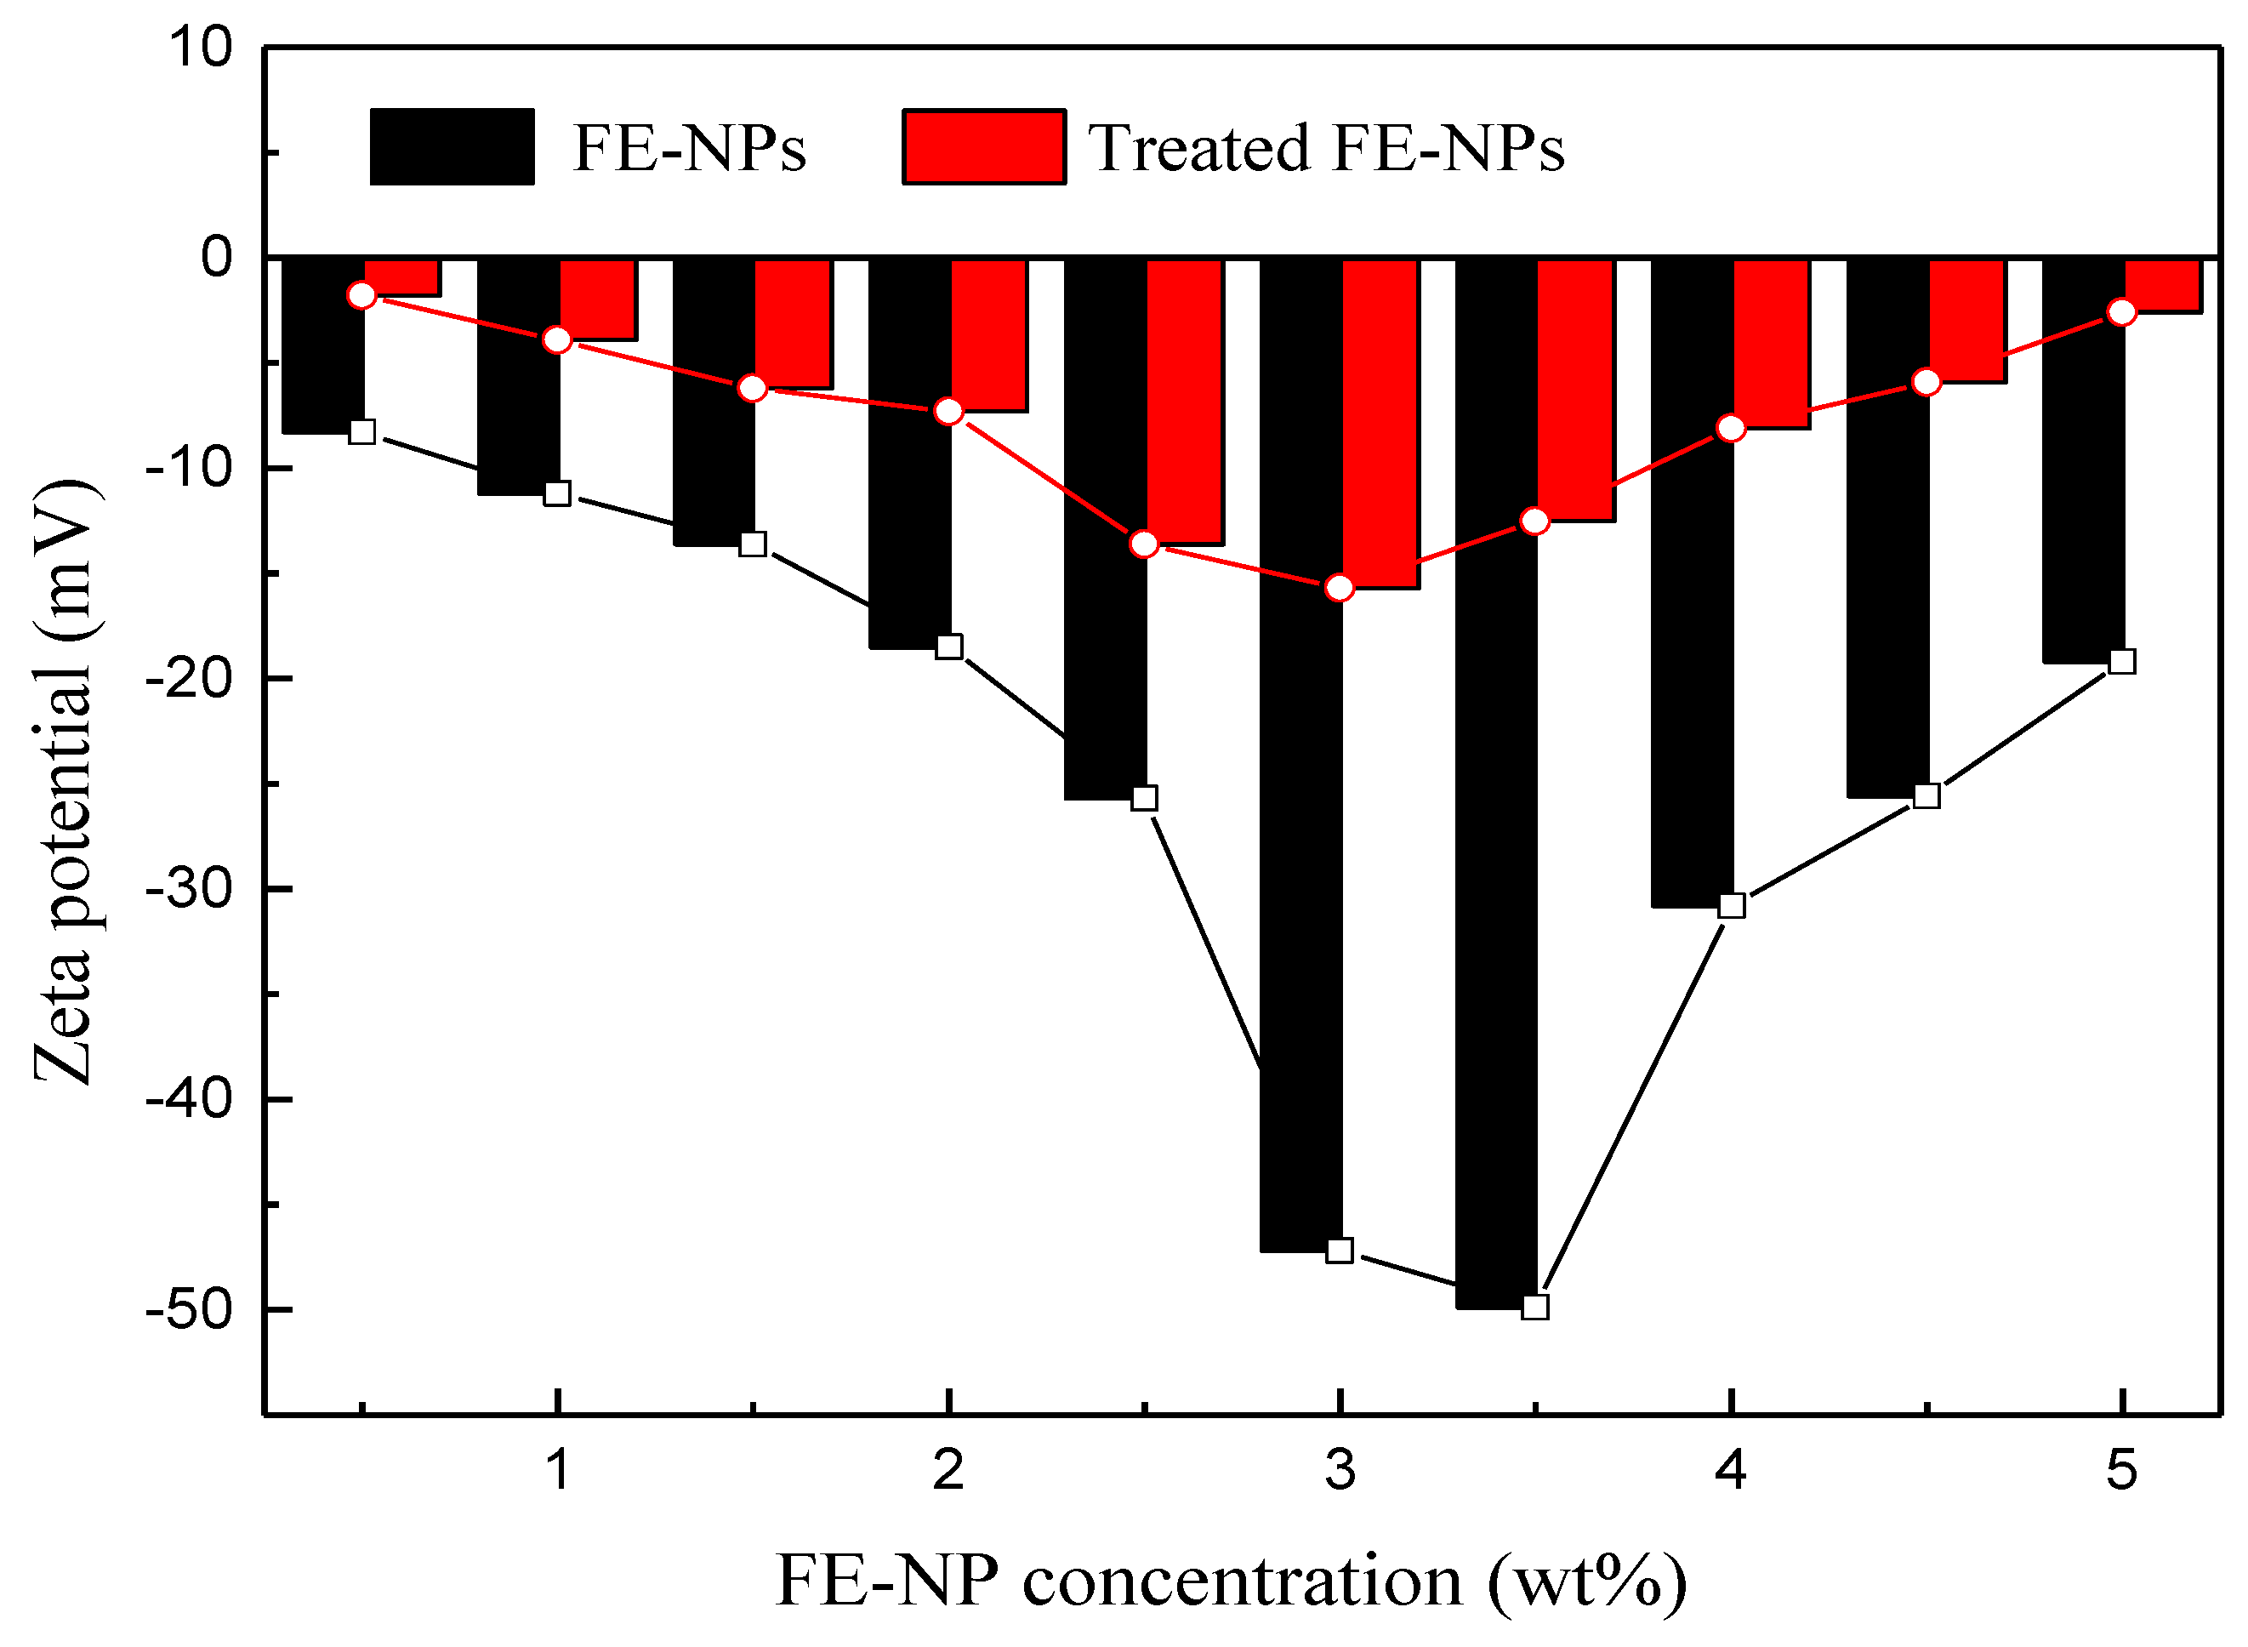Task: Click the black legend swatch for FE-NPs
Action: tap(452, 146)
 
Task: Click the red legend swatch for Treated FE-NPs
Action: tap(983, 146)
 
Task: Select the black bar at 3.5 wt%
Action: tap(1494, 778)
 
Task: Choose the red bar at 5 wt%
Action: tap(2162, 285)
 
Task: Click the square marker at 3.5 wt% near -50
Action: tap(1535, 1306)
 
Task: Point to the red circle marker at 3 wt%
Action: tap(1340, 588)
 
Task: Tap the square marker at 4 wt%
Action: tap(1732, 905)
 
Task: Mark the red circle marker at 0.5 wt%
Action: tap(361, 295)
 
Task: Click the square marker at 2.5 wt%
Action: tap(1145, 798)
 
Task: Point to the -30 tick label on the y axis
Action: tap(189, 887)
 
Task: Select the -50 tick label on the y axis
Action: tap(189, 1308)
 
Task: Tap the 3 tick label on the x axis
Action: tap(1340, 1469)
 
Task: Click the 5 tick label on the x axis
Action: tap(2122, 1469)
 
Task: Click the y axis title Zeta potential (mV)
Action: tap(65, 783)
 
